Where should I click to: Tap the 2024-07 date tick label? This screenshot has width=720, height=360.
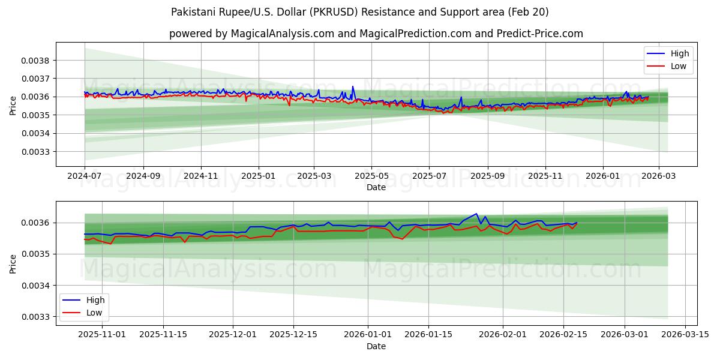85,176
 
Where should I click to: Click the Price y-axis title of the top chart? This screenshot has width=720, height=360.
13,106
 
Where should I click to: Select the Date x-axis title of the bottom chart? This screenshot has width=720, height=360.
376,346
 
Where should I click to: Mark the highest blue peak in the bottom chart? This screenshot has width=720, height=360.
476,214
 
